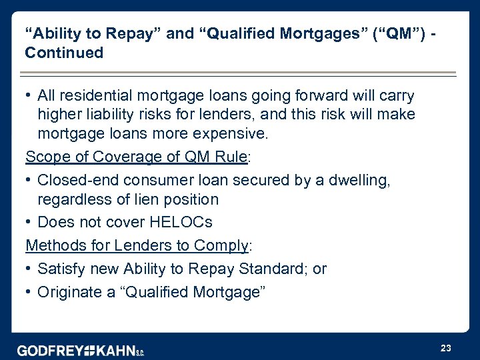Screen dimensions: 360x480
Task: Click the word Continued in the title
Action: pyautogui.click(x=64, y=53)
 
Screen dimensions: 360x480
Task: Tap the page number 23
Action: pyautogui.click(x=446, y=348)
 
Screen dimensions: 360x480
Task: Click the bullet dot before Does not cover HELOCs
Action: pyautogui.click(x=29, y=222)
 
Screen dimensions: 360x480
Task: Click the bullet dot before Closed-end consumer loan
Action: pyautogui.click(x=29, y=179)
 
